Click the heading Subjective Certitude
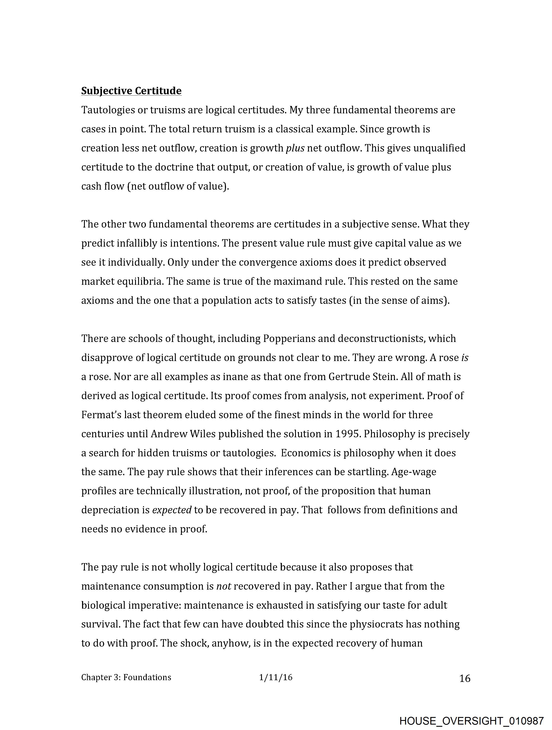tap(131, 91)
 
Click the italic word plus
tap(295, 148)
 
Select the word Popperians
tap(294, 339)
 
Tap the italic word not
tap(224, 586)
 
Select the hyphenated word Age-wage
tap(413, 472)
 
